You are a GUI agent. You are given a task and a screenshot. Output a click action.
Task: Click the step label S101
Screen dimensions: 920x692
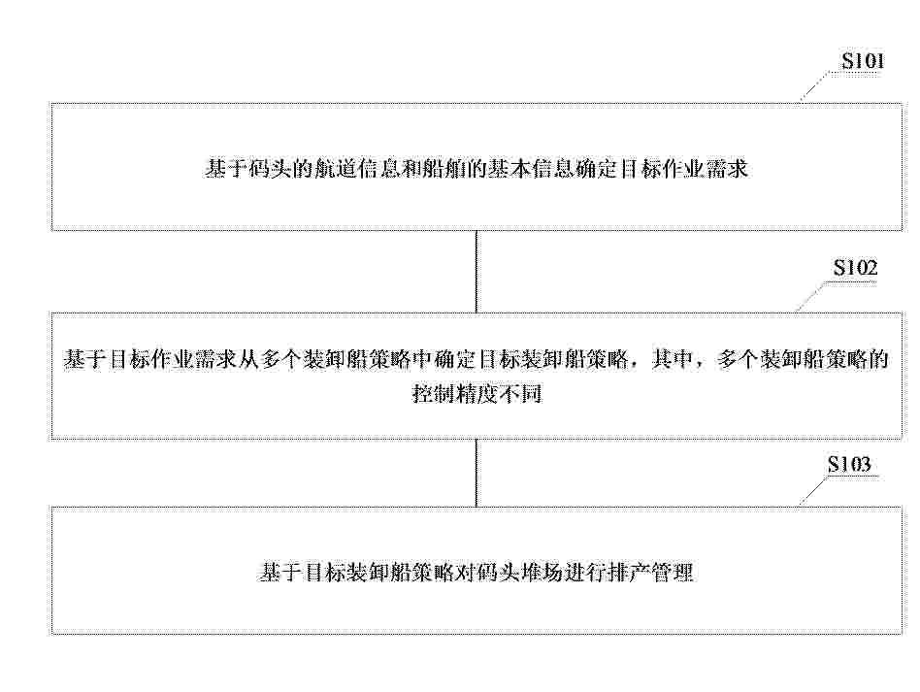(x=863, y=61)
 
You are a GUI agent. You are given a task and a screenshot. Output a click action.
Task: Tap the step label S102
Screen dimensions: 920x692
(x=855, y=268)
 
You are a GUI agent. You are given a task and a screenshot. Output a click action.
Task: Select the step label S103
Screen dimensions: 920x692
(x=849, y=465)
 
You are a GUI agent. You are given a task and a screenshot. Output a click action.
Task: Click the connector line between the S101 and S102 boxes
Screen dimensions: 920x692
(x=476, y=271)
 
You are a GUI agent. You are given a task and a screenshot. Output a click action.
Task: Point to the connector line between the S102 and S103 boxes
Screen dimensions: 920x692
(x=476, y=473)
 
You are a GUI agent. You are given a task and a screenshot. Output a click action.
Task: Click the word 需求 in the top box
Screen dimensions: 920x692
(x=727, y=169)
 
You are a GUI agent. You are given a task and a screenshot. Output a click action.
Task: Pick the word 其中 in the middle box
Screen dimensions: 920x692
(x=674, y=359)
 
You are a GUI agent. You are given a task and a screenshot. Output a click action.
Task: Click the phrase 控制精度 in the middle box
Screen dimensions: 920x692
(x=454, y=394)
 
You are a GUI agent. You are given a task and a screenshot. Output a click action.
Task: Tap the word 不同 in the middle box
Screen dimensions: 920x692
(x=520, y=394)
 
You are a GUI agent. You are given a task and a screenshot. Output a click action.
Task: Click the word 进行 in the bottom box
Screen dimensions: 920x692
(x=584, y=572)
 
